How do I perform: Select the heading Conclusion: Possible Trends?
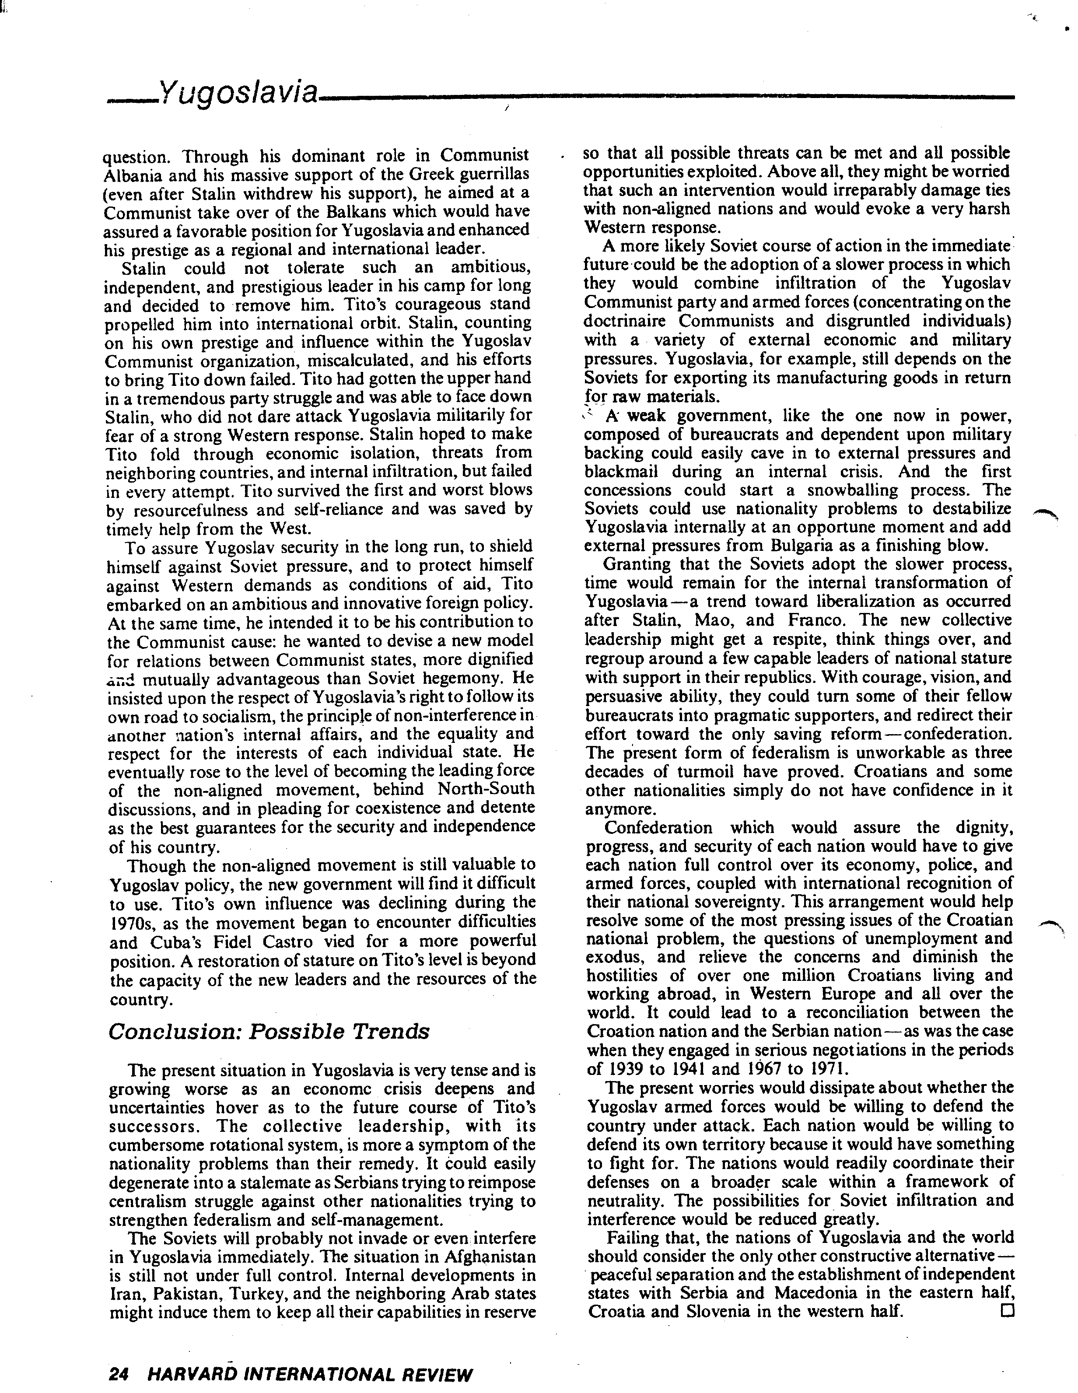click(x=269, y=1032)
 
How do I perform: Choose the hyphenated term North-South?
click(x=486, y=789)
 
